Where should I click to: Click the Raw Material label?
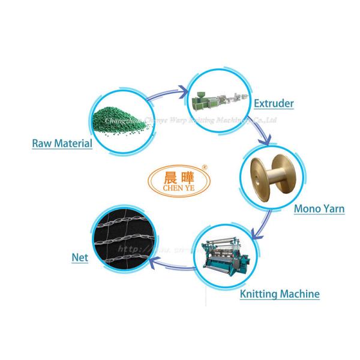point(62,143)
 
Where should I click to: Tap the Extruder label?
point(273,103)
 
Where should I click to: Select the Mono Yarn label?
point(318,209)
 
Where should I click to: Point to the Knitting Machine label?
point(279,293)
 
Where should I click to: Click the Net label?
point(80,258)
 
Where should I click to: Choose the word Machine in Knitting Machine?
point(298,293)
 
